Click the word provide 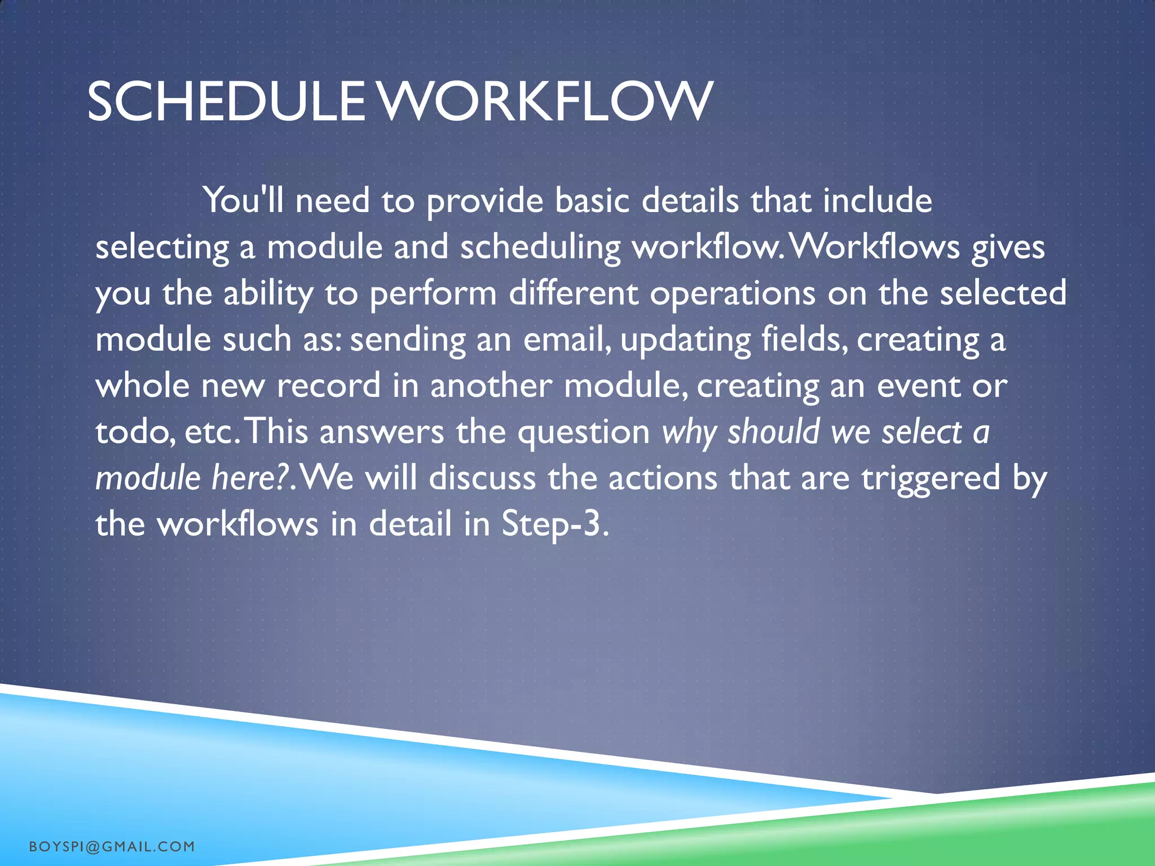pyautogui.click(x=484, y=201)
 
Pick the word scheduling pyautogui.click(x=540, y=248)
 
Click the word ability pyautogui.click(x=268, y=294)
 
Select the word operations pyautogui.click(x=732, y=294)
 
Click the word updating pyautogui.click(x=685, y=341)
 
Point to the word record pyautogui.click(x=328, y=386)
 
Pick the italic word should pyautogui.click(x=773, y=432)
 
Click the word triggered pyautogui.click(x=931, y=479)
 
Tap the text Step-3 pyautogui.click(x=555, y=525)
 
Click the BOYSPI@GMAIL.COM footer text pyautogui.click(x=112, y=846)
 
